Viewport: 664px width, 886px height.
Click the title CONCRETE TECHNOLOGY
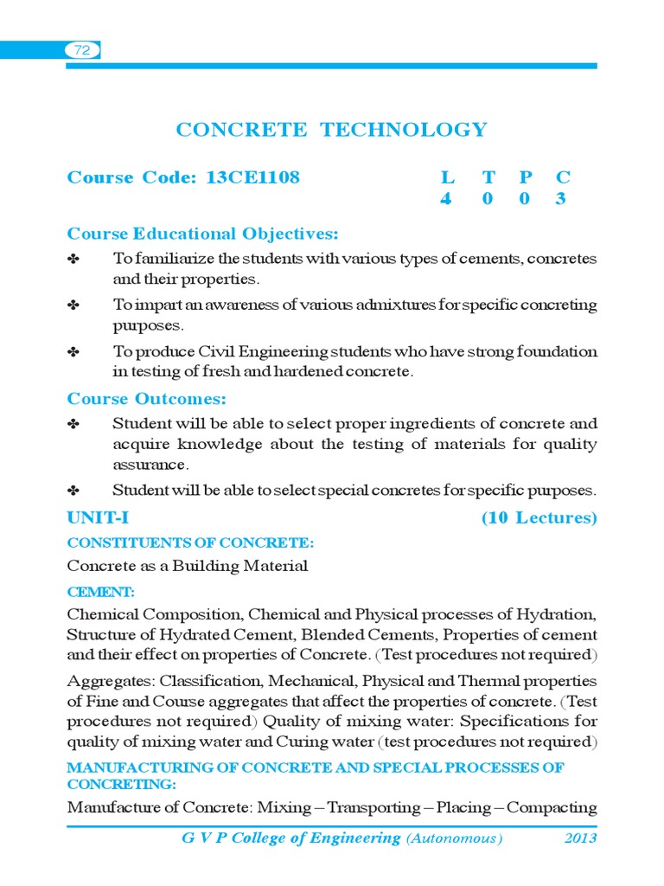coord(331,130)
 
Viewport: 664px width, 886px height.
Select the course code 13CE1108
coord(252,177)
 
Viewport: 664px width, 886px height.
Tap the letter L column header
coord(447,177)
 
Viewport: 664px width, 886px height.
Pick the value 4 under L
coord(446,198)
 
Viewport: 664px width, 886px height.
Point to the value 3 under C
coord(562,198)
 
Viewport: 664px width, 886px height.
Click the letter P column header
coord(525,177)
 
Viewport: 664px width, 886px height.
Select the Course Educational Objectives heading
coord(203,234)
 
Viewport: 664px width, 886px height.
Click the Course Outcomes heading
coord(147,399)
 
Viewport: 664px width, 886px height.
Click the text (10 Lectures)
coord(539,518)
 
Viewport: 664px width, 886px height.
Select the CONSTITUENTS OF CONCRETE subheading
coord(190,543)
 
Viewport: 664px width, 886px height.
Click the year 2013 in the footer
coord(580,838)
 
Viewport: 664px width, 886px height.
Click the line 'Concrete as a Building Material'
coord(187,567)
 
